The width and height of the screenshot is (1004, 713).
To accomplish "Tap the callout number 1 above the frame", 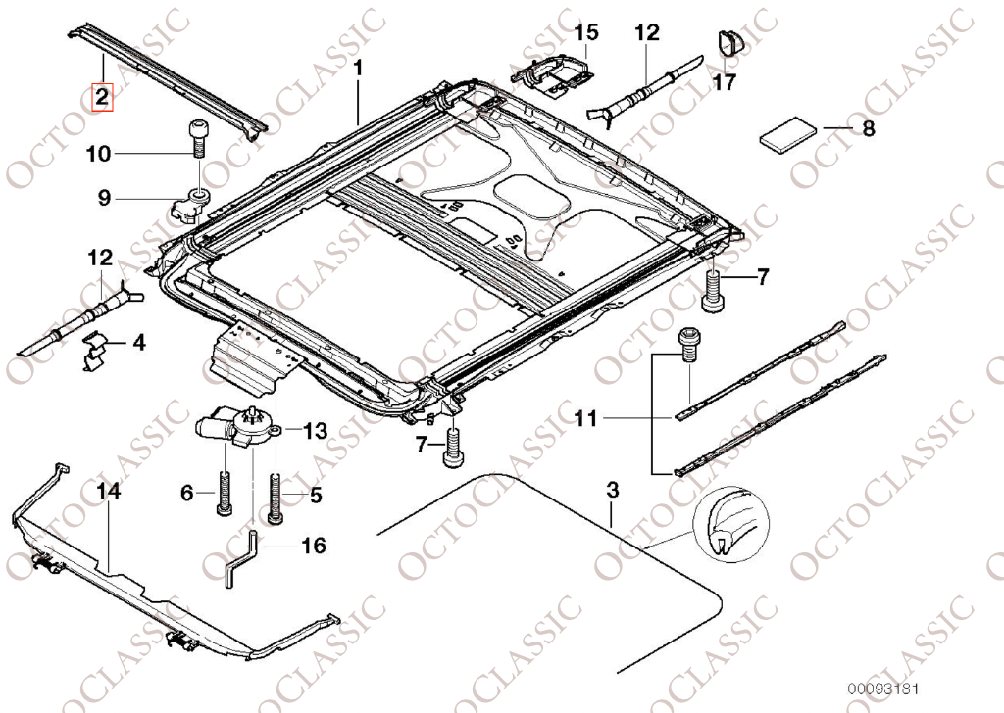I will coord(359,68).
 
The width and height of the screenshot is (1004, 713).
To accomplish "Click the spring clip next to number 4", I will coord(97,350).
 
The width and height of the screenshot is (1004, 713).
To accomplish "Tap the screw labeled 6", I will coord(224,495).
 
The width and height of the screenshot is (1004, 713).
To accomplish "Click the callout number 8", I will coord(867,128).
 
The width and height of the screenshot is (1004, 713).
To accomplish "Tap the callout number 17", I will coord(723,83).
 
